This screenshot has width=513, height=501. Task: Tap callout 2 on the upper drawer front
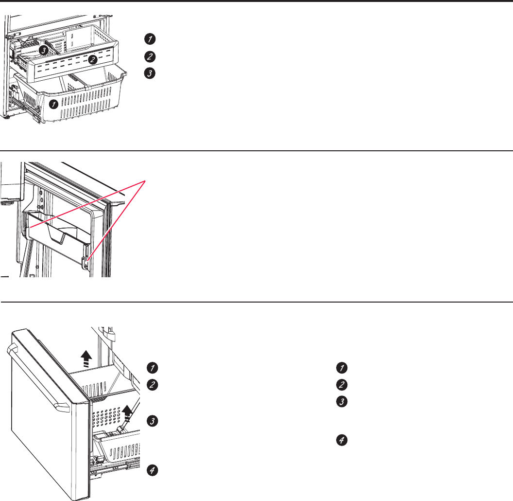[92, 59]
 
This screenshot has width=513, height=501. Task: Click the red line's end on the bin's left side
[29, 227]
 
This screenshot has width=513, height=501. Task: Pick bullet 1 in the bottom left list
[153, 367]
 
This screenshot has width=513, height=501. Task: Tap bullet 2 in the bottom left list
[153, 385]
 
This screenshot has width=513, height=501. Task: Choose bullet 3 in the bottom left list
[153, 421]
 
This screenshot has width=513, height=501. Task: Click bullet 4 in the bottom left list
[153, 470]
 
